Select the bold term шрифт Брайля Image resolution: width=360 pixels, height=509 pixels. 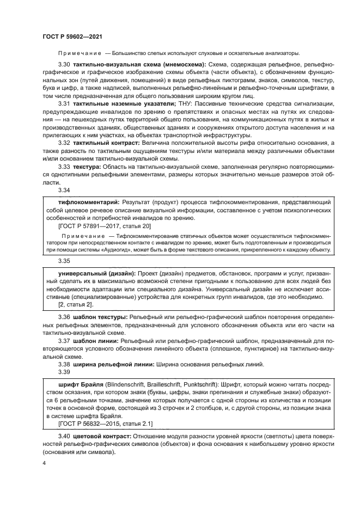(x=79, y=384)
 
